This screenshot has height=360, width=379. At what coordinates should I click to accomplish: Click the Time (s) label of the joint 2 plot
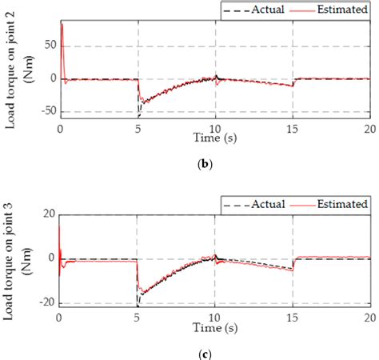point(214,138)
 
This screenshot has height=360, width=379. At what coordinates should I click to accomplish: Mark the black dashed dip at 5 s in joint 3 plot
point(138,305)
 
